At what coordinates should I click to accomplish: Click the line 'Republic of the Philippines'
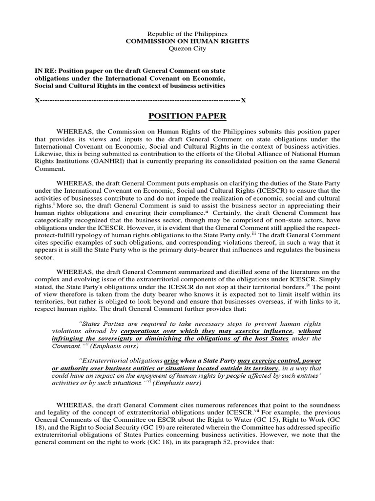[187, 34]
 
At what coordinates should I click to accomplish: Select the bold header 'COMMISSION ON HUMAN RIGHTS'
[187, 42]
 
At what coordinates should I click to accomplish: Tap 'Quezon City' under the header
[187, 49]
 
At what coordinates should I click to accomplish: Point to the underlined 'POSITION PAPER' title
[187, 116]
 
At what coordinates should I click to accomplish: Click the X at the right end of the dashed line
[243, 100]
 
